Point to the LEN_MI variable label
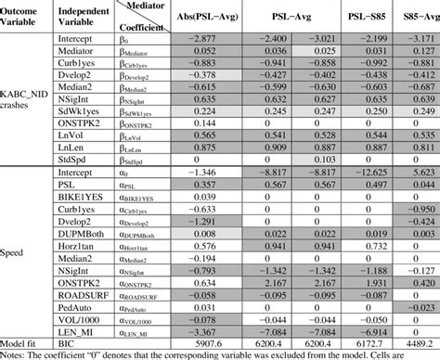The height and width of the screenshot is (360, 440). click(78, 336)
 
